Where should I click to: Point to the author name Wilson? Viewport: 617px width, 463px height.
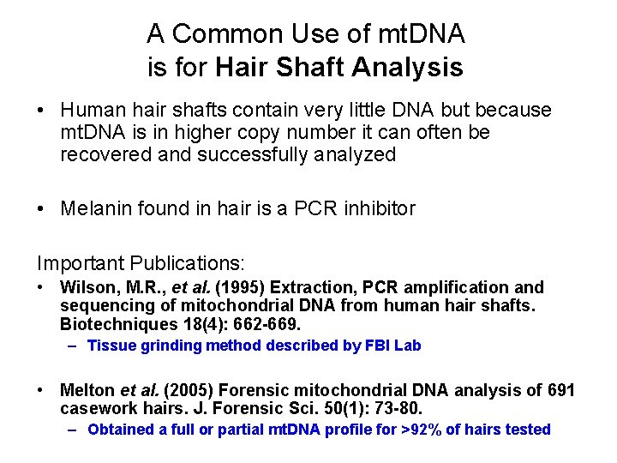click(x=84, y=287)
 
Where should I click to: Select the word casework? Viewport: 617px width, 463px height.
click(x=93, y=408)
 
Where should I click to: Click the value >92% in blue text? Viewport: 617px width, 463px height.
click(x=421, y=430)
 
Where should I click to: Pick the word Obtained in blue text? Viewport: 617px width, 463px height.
click(x=120, y=430)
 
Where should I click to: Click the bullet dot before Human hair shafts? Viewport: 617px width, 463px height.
click(x=41, y=111)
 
